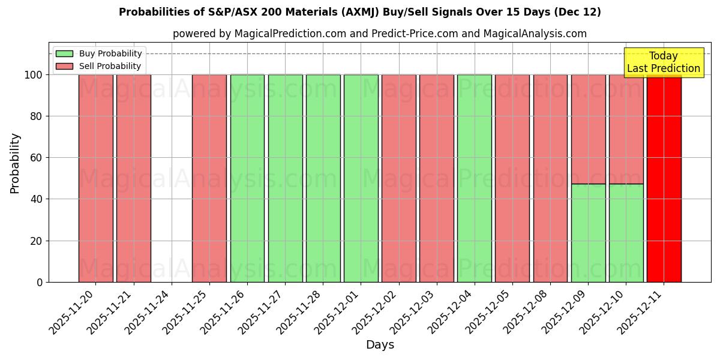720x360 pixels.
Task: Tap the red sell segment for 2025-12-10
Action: (x=626, y=129)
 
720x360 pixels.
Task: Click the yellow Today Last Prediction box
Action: (x=663, y=62)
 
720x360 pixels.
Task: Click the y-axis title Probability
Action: (x=15, y=163)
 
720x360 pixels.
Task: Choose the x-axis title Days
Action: (x=380, y=345)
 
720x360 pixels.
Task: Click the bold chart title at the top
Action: (x=360, y=12)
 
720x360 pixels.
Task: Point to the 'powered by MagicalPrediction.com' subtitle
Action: (x=380, y=34)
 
